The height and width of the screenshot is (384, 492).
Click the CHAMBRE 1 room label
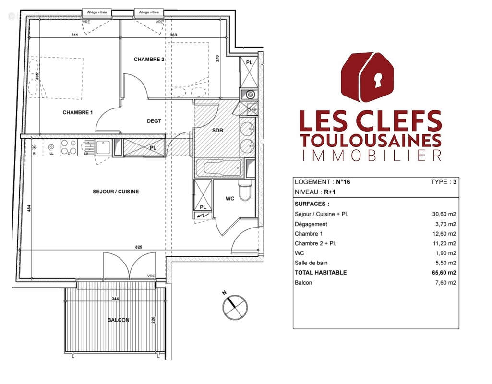77,113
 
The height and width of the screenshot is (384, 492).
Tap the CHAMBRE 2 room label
149,60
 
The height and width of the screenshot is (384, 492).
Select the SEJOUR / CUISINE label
116,192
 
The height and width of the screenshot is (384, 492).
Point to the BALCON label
118,320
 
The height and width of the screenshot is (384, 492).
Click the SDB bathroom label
218,131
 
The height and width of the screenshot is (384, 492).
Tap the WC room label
230,199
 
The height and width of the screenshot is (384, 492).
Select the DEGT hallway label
154,121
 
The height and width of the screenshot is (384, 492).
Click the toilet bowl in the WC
245,192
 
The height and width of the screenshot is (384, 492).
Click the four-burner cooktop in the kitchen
68,147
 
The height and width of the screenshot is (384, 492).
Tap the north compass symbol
234,306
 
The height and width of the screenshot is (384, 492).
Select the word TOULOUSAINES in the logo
370,140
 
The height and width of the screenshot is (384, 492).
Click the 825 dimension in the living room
139,246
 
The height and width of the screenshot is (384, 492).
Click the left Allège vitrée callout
97,12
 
